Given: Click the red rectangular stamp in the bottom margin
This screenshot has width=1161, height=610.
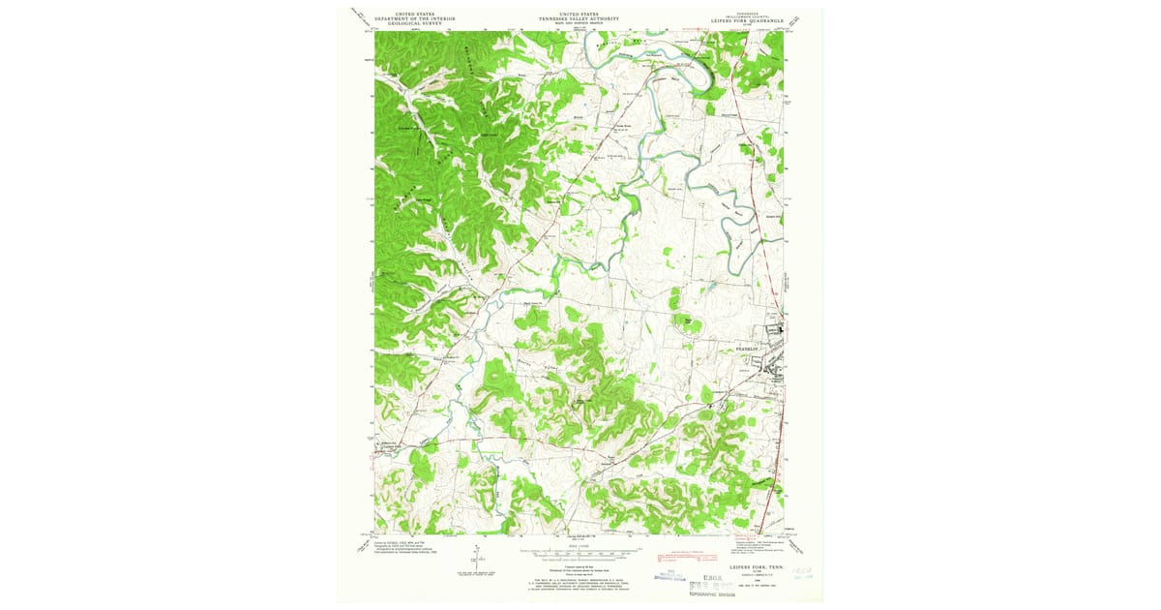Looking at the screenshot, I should (677, 559).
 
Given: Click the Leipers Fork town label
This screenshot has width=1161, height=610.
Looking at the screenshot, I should (388, 446).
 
